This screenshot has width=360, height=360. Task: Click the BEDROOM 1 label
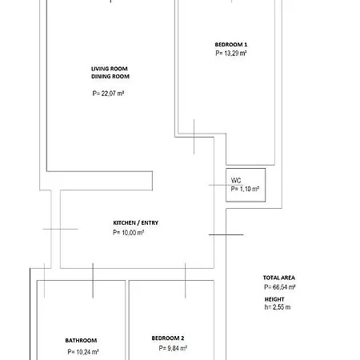pyautogui.click(x=231, y=45)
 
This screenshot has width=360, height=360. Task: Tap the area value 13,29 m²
pyautogui.click(x=231, y=53)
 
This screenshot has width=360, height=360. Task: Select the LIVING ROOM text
pyautogui.click(x=110, y=69)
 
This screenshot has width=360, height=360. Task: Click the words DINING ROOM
pyautogui.click(x=110, y=77)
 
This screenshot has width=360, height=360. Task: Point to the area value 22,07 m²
pyautogui.click(x=108, y=94)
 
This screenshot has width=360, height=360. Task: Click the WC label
pyautogui.click(x=236, y=181)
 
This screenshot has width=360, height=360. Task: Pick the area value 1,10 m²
pyautogui.click(x=245, y=189)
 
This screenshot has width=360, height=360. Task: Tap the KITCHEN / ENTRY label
pyautogui.click(x=136, y=223)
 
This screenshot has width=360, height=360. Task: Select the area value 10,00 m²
pyautogui.click(x=129, y=233)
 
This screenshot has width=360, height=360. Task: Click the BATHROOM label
pyautogui.click(x=81, y=341)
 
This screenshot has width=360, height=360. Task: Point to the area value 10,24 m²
pyautogui.click(x=83, y=352)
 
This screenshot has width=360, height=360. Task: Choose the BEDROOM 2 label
pyautogui.click(x=168, y=338)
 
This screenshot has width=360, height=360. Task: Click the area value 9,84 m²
pyautogui.click(x=173, y=348)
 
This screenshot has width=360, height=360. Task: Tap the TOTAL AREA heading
pyautogui.click(x=279, y=278)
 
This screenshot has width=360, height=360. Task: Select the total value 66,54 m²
pyautogui.click(x=280, y=287)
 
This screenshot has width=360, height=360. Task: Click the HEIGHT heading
pyautogui.click(x=274, y=299)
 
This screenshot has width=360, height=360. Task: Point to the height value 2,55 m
pyautogui.click(x=278, y=307)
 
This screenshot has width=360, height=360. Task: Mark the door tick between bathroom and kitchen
pyautogui.click(x=93, y=280)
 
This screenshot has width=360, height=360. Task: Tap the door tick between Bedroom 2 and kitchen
pyautogui.click(x=186, y=280)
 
